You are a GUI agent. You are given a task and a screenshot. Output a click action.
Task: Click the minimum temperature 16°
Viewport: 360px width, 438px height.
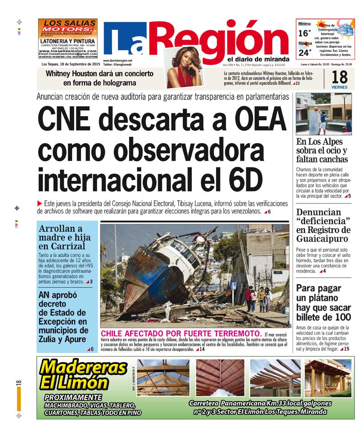[x=305, y=33]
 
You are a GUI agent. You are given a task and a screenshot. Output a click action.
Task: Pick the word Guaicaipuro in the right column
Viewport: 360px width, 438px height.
[x=322, y=239]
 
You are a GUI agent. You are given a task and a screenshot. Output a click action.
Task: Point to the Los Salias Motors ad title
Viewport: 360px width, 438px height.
[x=67, y=26]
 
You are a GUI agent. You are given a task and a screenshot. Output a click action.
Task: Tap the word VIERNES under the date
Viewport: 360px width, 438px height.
[x=339, y=87]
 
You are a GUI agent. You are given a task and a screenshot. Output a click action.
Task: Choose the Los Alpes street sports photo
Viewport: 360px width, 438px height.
[x=324, y=114]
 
